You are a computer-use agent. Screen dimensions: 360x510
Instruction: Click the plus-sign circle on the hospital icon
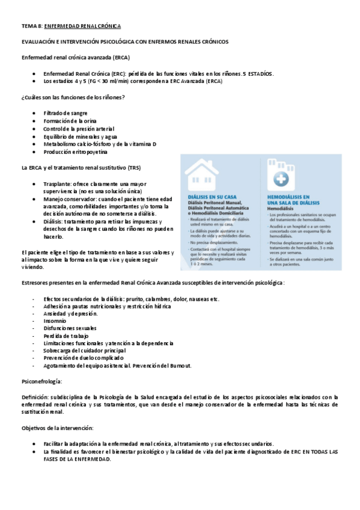tap(279, 179)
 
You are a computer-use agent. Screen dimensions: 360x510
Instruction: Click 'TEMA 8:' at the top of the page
tap(32, 26)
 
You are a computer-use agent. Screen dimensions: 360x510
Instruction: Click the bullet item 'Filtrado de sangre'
tap(66, 113)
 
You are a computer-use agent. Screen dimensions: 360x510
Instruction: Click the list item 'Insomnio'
tap(56, 321)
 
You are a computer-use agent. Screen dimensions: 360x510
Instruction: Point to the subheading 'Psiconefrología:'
tap(41, 381)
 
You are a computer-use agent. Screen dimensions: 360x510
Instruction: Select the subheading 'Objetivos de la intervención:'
tap(57, 428)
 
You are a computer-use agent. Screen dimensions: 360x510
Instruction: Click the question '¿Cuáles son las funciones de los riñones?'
tap(73, 97)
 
